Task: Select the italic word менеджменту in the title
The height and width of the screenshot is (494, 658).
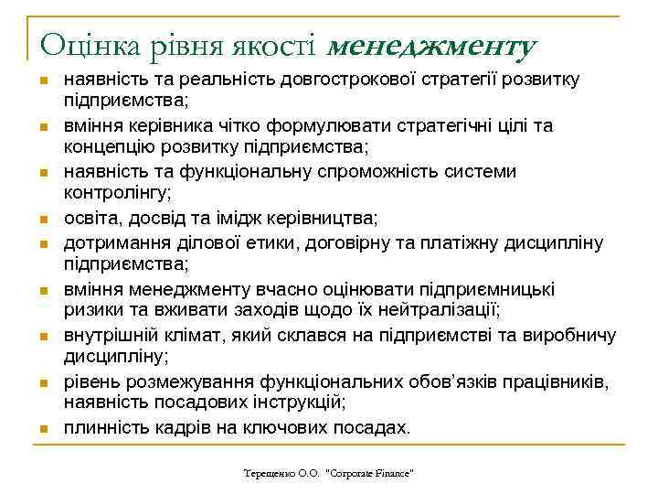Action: [430, 43]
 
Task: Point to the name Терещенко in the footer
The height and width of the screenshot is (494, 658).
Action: [269, 474]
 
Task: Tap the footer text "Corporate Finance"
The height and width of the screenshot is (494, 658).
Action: [371, 474]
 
